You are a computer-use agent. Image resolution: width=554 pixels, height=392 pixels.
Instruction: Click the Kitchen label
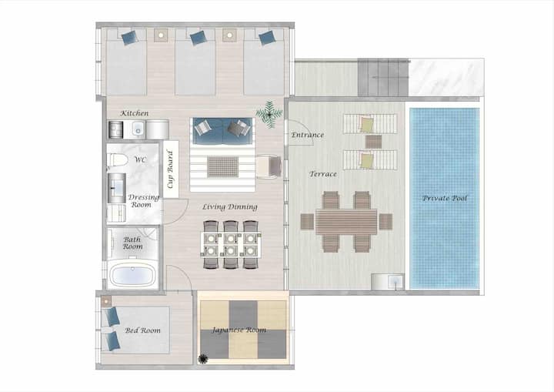coord(134,113)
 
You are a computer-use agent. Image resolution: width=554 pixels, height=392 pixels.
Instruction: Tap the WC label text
coord(140,159)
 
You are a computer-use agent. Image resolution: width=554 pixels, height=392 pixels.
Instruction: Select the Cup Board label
coord(171,169)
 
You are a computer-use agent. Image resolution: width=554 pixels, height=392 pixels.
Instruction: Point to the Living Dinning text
coord(229,207)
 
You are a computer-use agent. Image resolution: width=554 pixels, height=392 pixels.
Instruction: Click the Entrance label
coord(307,135)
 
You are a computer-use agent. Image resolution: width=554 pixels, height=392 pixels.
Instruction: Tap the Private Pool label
coord(445,198)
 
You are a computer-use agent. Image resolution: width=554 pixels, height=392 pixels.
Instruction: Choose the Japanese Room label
coord(239,330)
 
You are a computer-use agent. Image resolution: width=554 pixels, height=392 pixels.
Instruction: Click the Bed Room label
coord(142,330)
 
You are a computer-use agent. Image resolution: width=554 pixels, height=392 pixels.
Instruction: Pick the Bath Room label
coord(132,243)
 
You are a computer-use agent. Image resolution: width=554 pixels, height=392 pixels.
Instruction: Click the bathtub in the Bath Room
coord(132,276)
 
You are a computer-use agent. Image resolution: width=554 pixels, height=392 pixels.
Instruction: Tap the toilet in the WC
coord(117,160)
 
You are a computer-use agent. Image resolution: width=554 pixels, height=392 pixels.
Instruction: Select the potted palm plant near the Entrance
coord(269,114)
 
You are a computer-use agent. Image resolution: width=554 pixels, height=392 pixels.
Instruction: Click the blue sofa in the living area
coord(222,131)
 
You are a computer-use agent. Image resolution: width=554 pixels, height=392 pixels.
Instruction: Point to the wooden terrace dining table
coord(346,222)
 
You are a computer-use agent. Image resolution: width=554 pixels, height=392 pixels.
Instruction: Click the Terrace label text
coord(323,174)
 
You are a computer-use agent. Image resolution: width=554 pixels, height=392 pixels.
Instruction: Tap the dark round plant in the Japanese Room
coord(203,359)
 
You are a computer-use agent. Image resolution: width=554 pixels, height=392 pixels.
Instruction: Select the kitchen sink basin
coord(138,129)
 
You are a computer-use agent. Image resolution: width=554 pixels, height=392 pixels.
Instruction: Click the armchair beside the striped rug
coord(269,166)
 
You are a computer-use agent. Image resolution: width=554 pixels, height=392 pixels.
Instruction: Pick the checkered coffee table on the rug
coord(222,166)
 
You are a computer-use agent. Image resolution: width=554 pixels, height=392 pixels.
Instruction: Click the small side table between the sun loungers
coord(373,142)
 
